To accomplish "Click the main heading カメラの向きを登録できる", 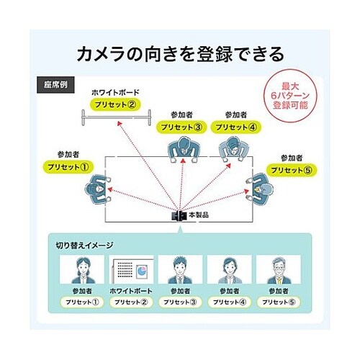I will [x=179, y=54].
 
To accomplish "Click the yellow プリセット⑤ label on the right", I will [x=290, y=169].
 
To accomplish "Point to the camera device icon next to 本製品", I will [x=178, y=215].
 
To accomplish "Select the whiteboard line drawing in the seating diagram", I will [x=115, y=115].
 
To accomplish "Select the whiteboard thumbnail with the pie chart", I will [x=130, y=271].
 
